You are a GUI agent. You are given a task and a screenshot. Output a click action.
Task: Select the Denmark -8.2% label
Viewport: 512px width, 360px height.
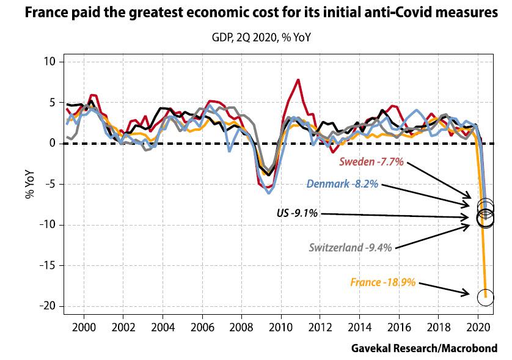(x=343, y=183)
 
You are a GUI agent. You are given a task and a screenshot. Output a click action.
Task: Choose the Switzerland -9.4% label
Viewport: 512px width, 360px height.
(x=351, y=248)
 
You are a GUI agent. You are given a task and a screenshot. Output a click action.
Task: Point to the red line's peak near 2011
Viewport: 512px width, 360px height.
(x=298, y=79)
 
